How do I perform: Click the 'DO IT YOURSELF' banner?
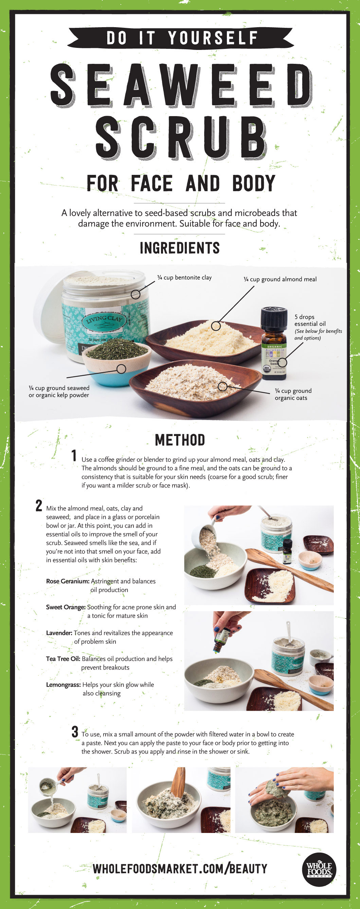(180, 38)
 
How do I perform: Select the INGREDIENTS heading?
(180, 248)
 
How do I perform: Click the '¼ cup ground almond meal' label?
(280, 279)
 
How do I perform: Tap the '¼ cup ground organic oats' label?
(293, 394)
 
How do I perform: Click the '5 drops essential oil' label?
(310, 321)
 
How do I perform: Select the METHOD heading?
(180, 440)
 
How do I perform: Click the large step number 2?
(39, 505)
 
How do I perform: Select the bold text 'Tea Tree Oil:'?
(63, 659)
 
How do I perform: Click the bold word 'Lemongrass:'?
(63, 685)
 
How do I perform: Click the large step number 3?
(75, 731)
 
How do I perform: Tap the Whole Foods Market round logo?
(319, 870)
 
